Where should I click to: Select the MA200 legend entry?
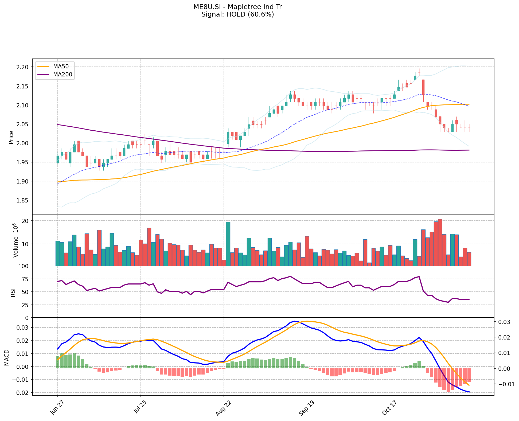click(63, 75)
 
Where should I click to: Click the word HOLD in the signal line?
click(236, 14)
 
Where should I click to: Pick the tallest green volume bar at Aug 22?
click(228, 244)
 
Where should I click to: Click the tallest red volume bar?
click(440, 242)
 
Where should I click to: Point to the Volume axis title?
click(15, 240)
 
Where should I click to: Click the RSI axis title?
click(13, 292)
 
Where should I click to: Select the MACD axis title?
click(7, 357)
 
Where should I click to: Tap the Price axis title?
click(11, 137)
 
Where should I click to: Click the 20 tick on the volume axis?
click(26, 221)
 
